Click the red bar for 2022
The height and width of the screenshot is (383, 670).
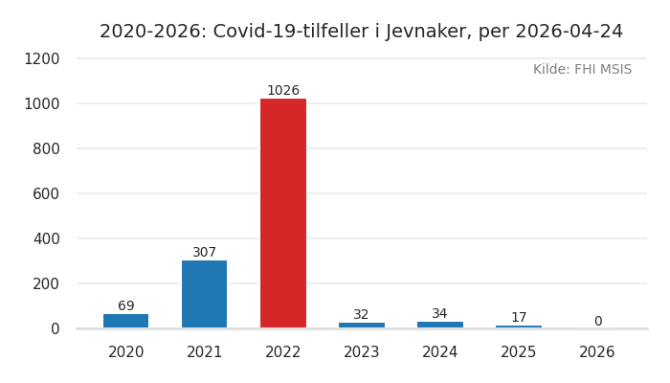click(283, 213)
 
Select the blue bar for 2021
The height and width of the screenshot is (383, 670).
click(205, 294)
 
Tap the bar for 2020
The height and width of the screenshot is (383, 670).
click(126, 321)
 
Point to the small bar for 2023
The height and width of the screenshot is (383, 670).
click(362, 325)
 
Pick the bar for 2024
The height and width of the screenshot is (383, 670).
click(440, 325)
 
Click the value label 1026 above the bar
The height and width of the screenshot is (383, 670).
click(283, 91)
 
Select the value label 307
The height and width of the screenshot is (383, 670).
click(205, 253)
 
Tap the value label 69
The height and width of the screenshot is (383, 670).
click(126, 306)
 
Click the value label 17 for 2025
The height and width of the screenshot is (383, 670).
click(519, 318)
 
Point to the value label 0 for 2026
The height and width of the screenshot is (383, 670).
click(597, 322)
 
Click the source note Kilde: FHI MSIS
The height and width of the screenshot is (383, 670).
click(582, 70)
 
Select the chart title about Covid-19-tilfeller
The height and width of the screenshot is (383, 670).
click(361, 32)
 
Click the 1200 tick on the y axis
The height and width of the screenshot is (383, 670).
click(41, 58)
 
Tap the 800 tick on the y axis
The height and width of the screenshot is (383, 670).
click(46, 148)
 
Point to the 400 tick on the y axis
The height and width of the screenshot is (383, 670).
click(46, 238)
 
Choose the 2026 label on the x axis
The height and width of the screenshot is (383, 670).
click(597, 352)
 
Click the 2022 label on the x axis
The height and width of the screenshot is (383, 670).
click(283, 352)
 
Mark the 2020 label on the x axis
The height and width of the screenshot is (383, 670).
click(126, 352)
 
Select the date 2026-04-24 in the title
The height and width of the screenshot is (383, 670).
click(567, 32)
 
